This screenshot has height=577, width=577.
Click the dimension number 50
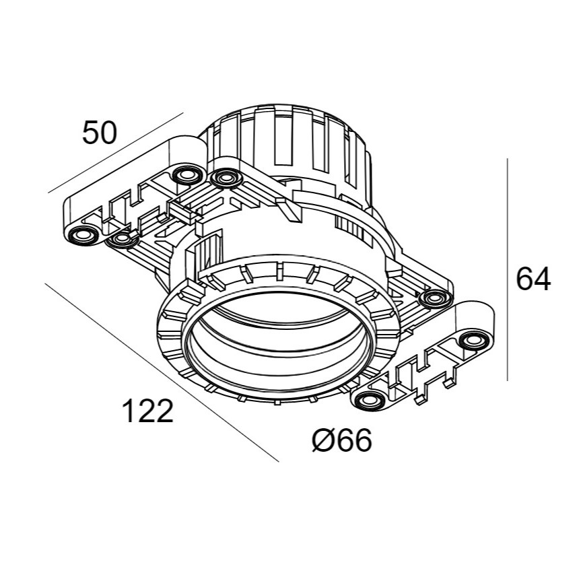coord(99,133)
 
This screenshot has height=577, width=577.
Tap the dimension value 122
coord(147,411)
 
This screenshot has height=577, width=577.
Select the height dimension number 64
coord(533,279)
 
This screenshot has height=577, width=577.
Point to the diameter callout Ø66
coord(342,442)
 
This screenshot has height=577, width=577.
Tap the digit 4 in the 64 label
coord(543,279)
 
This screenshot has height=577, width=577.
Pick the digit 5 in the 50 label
coord(90,133)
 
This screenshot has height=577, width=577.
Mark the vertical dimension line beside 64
coord(507,269)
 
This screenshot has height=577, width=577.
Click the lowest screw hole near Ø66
coord(368,401)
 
